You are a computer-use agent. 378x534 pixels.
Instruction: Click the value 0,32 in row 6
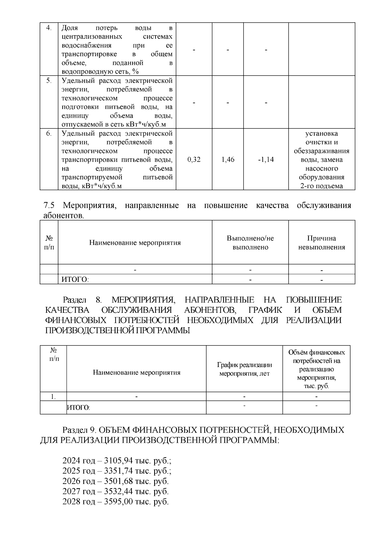(194, 160)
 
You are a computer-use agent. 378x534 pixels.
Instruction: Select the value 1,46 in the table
(228, 160)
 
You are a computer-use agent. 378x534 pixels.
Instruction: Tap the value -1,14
(266, 160)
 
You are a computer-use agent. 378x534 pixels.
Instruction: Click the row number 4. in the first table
(49, 28)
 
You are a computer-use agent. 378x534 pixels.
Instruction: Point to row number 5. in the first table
(49, 81)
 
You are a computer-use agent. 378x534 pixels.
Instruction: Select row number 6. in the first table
(49, 133)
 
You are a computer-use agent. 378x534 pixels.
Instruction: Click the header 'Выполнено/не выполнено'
(250, 243)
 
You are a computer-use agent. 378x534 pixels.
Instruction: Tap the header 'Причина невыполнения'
(322, 243)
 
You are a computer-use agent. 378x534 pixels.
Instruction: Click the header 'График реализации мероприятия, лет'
(244, 369)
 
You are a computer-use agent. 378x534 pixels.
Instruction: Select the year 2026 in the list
(71, 481)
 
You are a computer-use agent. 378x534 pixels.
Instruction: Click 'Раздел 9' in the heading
(81, 430)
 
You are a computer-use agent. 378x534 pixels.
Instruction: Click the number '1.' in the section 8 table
(53, 397)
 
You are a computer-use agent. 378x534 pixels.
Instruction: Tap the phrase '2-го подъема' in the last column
(322, 186)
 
